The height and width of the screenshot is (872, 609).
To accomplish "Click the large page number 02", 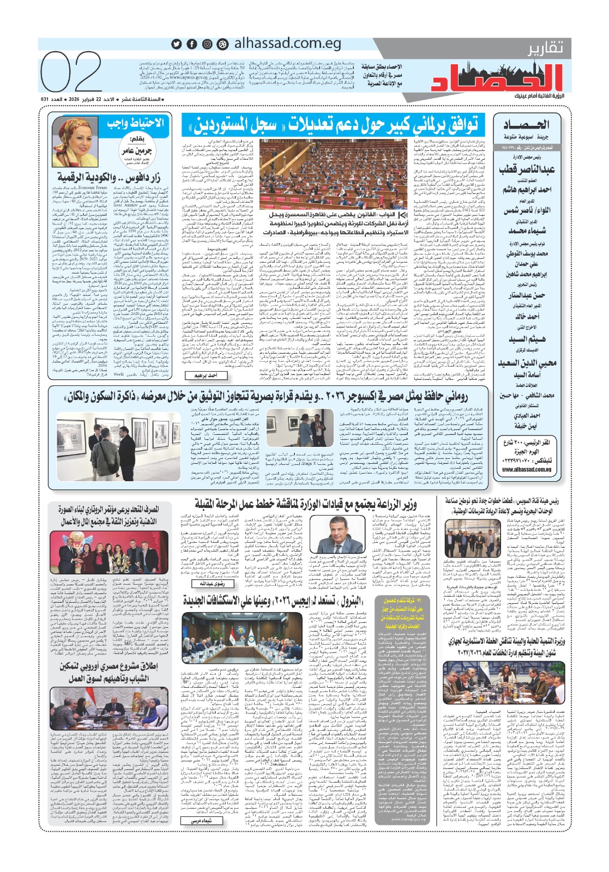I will pyautogui.click(x=72, y=72).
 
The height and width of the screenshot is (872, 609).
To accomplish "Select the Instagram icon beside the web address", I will pyautogui.click(x=207, y=44).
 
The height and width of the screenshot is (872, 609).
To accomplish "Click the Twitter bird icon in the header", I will pyautogui.click(x=177, y=44).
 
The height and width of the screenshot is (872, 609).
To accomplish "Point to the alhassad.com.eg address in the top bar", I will pyautogui.click(x=287, y=44).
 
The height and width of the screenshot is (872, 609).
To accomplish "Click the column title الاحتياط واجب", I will pyautogui.click(x=135, y=123).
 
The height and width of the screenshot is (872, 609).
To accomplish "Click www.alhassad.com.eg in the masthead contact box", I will pyautogui.click(x=526, y=469).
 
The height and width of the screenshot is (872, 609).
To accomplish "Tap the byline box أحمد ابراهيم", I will pyautogui.click(x=206, y=376).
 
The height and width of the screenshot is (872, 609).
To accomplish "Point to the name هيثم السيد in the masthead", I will pyautogui.click(x=527, y=339).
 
